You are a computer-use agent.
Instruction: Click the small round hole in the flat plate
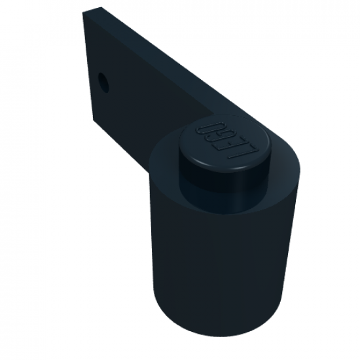point(103,82)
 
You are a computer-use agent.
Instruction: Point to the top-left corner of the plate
point(83,12)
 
